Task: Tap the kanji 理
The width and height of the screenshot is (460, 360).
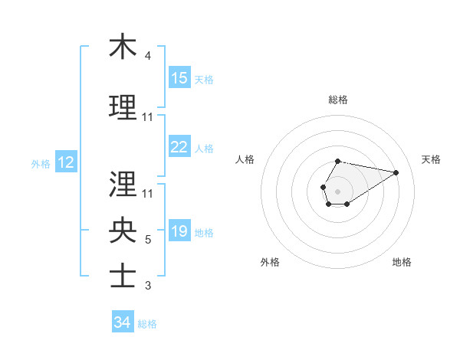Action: [x=123, y=107]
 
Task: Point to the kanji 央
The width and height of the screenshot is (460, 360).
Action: [x=123, y=230]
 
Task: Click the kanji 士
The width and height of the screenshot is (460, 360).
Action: [x=123, y=277]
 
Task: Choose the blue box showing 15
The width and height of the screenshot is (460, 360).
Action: [x=179, y=78]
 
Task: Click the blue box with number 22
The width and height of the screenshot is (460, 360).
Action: [x=179, y=147]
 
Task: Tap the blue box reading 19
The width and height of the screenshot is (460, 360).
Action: [x=179, y=232]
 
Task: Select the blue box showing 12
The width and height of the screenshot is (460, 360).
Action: [x=65, y=162]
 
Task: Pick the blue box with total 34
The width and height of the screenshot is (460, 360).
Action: [x=122, y=322]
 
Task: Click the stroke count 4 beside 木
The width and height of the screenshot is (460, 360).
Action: [x=148, y=56]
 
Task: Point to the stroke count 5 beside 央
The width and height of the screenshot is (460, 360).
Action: [x=148, y=240]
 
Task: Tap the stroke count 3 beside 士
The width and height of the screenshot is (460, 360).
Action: [x=148, y=286]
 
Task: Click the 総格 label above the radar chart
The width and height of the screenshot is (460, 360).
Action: [x=338, y=100]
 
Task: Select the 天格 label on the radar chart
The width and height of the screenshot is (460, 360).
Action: [x=431, y=159]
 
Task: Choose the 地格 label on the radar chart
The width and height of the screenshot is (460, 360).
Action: [x=402, y=262]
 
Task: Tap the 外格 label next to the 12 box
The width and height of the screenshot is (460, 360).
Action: [x=41, y=163]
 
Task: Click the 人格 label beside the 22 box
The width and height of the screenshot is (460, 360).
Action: [x=204, y=148]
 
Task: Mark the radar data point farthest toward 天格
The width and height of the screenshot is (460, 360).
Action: [x=396, y=172]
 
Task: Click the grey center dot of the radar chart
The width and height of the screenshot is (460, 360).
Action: [x=337, y=190]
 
